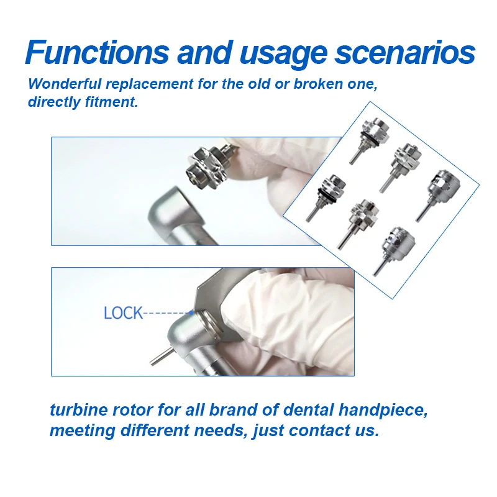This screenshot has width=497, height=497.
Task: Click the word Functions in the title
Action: [x=97, y=53]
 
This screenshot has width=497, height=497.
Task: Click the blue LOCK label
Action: [x=123, y=313]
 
